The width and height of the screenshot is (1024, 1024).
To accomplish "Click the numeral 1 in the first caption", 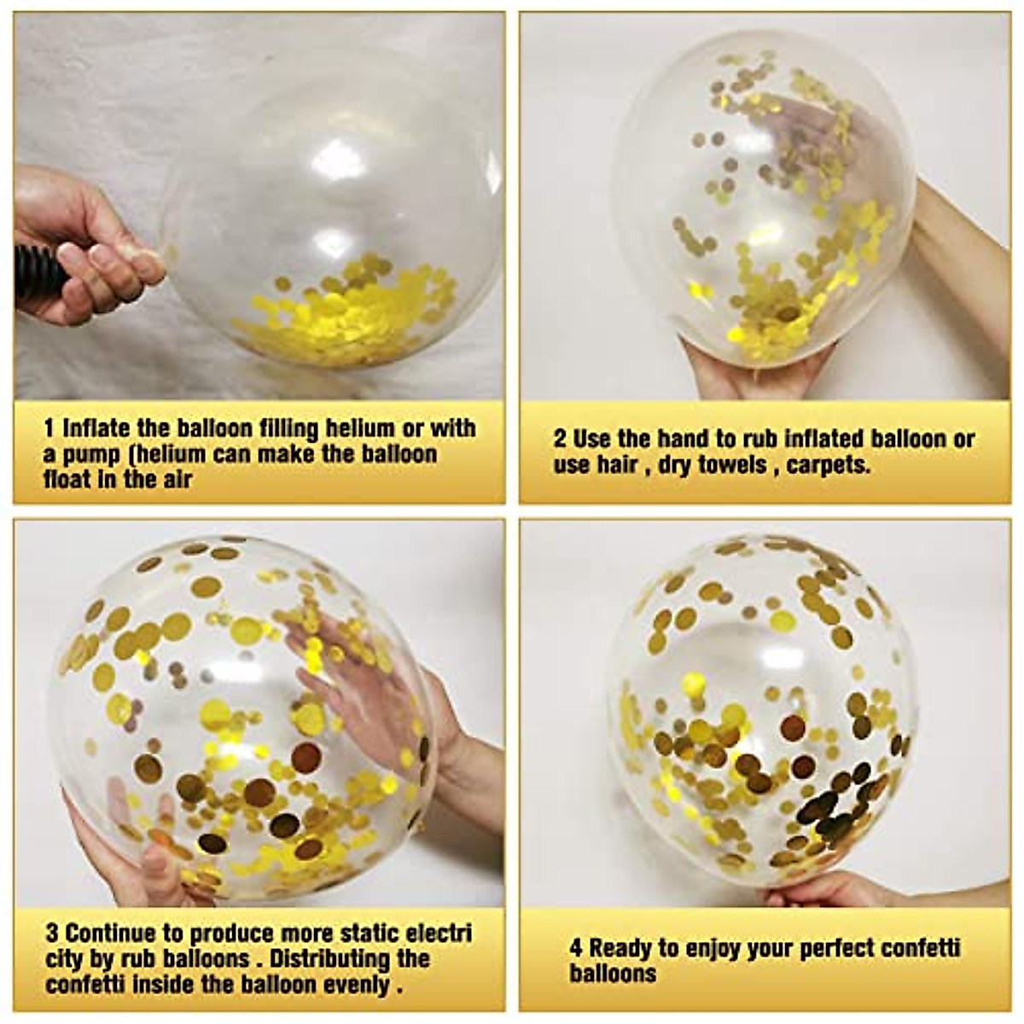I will (49, 428).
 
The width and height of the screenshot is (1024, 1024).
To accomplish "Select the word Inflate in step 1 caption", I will (95, 428).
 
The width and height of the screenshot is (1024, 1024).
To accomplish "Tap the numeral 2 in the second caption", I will (560, 439).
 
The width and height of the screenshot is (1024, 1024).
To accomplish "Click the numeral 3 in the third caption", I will (51, 932).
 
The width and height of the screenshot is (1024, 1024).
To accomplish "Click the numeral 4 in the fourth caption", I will (576, 948).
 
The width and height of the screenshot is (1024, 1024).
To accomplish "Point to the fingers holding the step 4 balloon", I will (819, 892).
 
